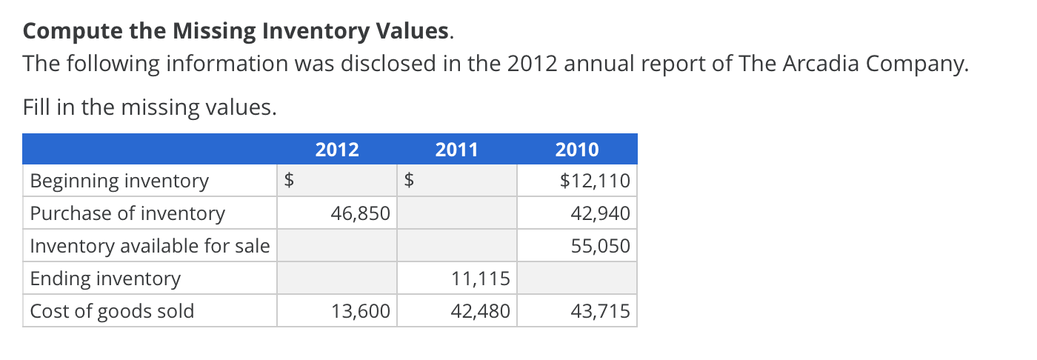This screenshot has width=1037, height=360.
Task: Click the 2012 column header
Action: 337,150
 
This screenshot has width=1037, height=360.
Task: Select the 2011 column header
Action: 457,150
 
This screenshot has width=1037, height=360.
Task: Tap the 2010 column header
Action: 577,150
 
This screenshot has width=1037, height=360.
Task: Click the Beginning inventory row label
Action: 119,181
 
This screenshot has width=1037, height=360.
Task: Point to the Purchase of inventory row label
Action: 127,213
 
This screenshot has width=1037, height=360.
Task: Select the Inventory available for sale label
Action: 150,246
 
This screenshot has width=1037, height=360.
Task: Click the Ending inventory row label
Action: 105,279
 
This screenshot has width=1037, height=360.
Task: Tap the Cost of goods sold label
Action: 112,311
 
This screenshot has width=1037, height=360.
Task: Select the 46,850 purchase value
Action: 361,213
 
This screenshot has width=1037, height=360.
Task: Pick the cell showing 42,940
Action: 601,213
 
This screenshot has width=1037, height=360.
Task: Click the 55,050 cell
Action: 601,246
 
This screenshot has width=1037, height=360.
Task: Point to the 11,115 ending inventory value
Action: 481,279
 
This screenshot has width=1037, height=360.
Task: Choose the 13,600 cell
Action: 361,311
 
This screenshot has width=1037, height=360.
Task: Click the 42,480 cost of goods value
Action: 481,311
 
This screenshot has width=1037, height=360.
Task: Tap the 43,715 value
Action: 601,311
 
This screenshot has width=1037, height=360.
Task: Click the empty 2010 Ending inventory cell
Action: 577,279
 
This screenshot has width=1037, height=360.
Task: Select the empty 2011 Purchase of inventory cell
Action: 457,213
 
